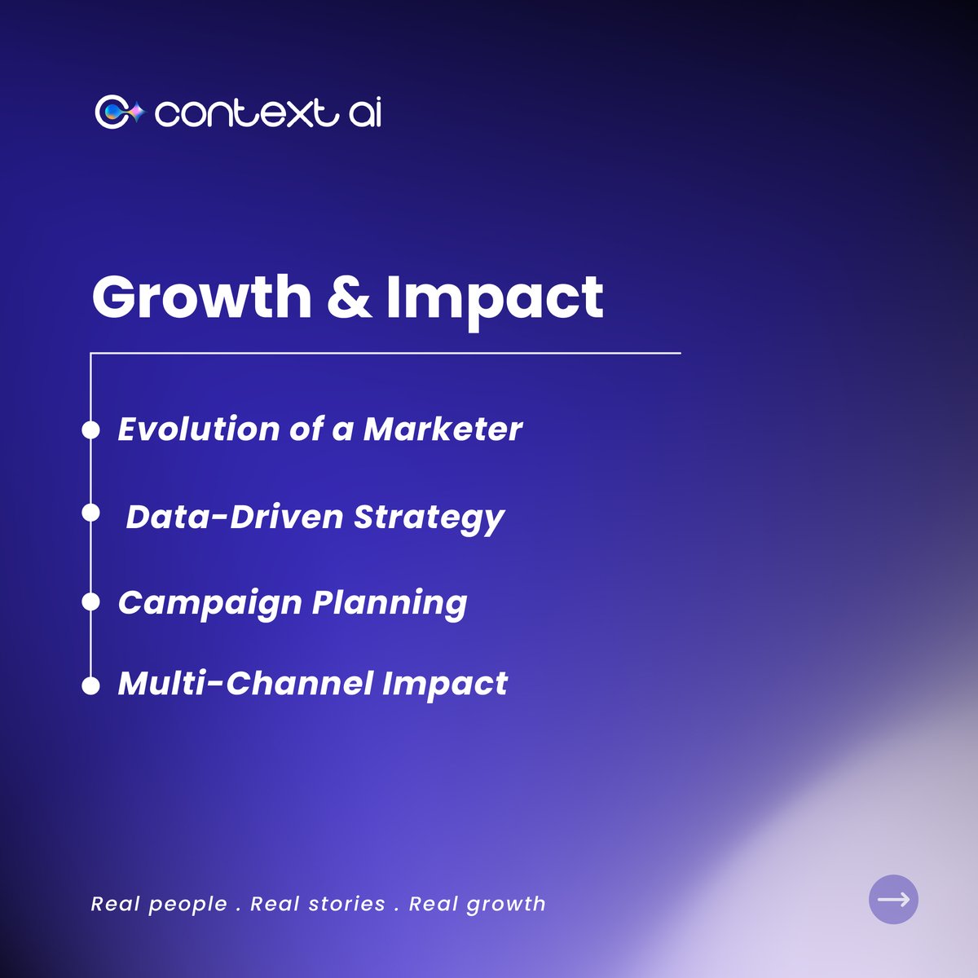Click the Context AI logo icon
click(119, 112)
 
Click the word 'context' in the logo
click(245, 113)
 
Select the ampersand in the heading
click(349, 297)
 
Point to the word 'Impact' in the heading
click(494, 298)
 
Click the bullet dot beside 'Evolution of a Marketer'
click(90, 430)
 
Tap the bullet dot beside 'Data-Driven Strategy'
click(90, 513)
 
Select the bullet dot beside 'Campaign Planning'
click(90, 602)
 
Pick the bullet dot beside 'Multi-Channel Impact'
click(90, 685)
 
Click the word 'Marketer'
click(443, 430)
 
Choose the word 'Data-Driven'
click(234, 517)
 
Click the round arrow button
click(893, 899)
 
